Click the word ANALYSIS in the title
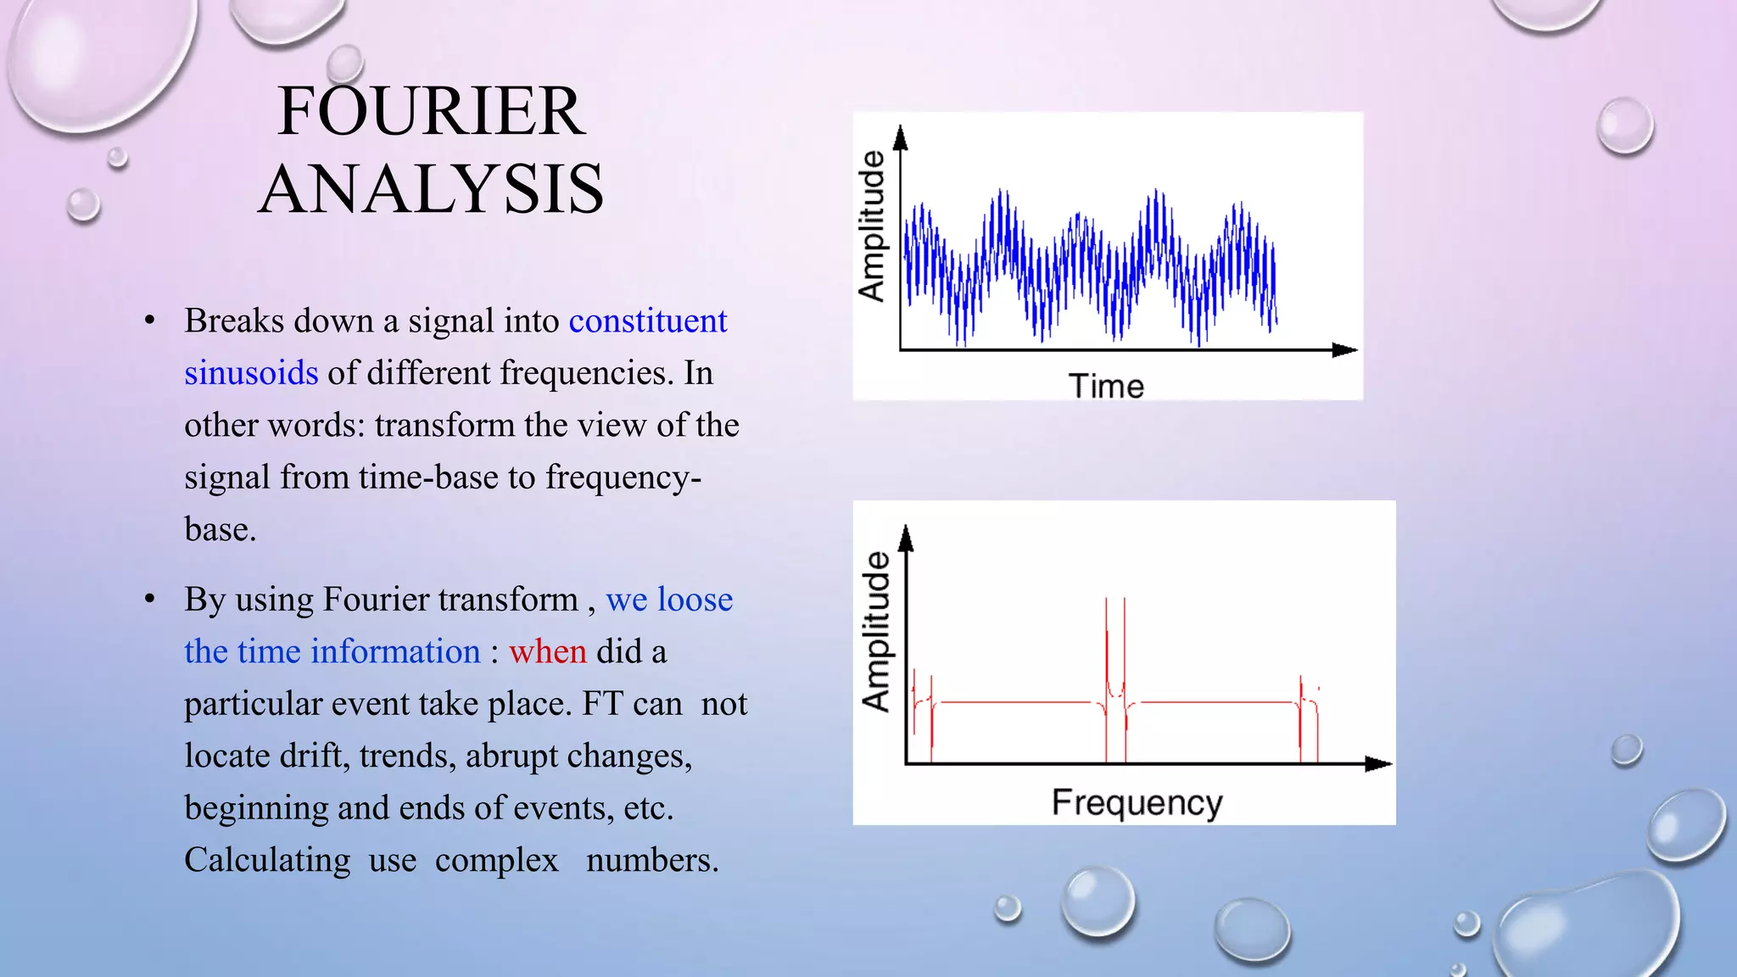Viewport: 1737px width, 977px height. tap(431, 189)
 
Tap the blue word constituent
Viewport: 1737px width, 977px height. tap(648, 321)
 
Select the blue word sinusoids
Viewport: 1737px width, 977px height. tap(251, 373)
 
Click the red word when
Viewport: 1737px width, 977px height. tap(547, 651)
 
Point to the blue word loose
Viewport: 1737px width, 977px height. tap(695, 600)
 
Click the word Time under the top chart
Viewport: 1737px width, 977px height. tap(1106, 386)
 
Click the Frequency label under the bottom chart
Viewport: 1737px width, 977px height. tap(1137, 802)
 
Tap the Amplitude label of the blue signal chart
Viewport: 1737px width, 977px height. tap(871, 226)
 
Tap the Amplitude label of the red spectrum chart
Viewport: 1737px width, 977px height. tap(876, 631)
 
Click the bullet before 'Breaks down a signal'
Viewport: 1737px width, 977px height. tap(150, 321)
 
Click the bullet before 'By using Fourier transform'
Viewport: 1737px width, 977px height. tap(150, 600)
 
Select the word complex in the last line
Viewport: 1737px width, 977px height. tap(497, 860)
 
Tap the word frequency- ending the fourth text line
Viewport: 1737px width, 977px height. tap(623, 477)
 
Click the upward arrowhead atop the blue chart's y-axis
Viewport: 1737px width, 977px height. tap(901, 138)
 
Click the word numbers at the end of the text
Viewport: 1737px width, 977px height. tap(651, 860)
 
